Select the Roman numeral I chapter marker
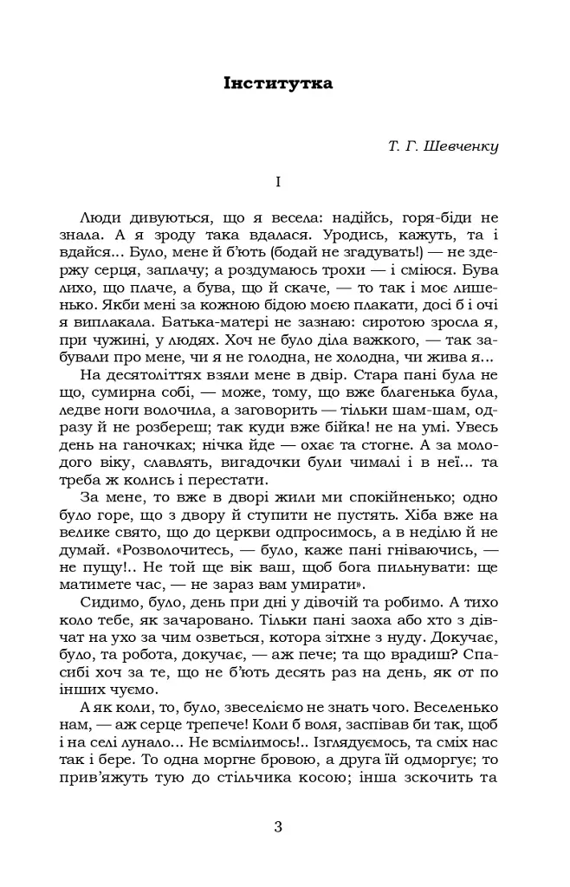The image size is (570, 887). [277, 182]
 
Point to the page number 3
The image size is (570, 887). [278, 825]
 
